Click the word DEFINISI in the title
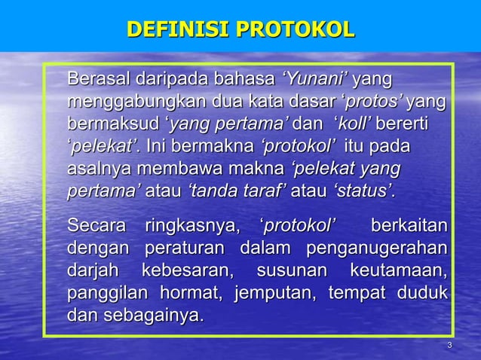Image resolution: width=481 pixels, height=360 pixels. click(178, 30)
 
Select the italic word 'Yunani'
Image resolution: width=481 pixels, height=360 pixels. click(314, 78)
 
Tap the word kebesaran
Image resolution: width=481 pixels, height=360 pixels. click(188, 270)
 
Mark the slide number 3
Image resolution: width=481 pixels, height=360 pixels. click(449, 346)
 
